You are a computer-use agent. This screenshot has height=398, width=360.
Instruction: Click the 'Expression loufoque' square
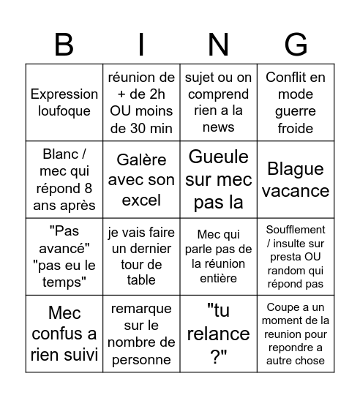(x=64, y=102)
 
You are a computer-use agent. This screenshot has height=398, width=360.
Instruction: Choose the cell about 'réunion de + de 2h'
(x=141, y=102)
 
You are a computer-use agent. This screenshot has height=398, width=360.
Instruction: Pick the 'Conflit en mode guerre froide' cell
(x=296, y=102)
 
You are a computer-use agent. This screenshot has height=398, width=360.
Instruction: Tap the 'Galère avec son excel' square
(x=141, y=179)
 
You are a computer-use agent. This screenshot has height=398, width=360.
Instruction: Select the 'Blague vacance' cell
(x=296, y=179)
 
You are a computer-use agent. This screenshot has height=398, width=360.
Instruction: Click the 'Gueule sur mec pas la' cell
(x=219, y=179)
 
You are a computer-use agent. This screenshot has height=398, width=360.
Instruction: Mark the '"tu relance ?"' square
(x=219, y=334)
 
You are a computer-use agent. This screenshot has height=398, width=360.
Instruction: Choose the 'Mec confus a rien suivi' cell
(x=64, y=334)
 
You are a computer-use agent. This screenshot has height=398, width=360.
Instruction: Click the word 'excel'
(x=141, y=199)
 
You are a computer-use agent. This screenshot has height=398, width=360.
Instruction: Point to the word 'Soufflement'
(x=296, y=230)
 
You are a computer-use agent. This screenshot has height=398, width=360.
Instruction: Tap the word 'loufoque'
(x=64, y=111)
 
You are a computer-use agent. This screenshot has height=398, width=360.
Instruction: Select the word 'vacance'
(x=296, y=189)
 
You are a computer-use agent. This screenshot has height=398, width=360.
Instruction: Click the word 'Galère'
(x=141, y=159)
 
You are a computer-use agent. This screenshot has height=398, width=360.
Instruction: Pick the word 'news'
(x=219, y=127)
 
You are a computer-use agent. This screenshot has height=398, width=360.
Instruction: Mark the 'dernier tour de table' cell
(x=141, y=257)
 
